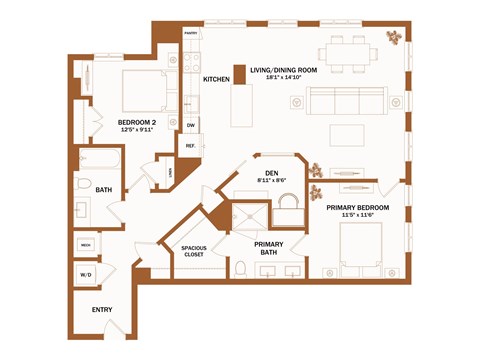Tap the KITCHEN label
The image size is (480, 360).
[x=217, y=79]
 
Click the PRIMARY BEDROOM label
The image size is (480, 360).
[x=358, y=207]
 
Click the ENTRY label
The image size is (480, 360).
[x=102, y=309]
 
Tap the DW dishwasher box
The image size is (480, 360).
[x=190, y=125]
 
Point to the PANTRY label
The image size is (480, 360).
[x=191, y=33]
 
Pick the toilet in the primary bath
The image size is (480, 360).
[x=240, y=268]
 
